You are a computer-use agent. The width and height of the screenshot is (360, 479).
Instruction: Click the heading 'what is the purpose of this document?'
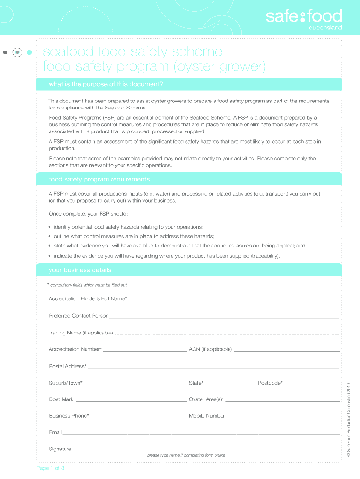tap(106, 84)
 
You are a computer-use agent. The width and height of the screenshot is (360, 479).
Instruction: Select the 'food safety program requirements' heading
tap(99, 179)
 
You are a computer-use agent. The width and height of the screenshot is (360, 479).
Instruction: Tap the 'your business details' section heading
tap(80, 270)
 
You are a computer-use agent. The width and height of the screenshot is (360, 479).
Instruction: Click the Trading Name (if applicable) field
tap(227, 333)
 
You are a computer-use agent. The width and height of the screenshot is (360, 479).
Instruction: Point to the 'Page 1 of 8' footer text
tap(50, 468)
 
